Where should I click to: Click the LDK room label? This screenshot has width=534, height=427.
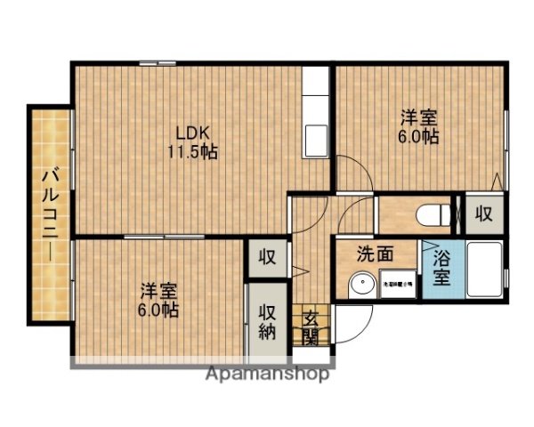click(x=191, y=133)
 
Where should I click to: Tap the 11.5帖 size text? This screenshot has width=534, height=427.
click(x=193, y=151)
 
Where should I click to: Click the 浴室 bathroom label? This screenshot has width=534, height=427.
click(x=441, y=269)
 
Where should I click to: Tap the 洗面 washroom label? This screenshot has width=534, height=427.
click(x=376, y=253)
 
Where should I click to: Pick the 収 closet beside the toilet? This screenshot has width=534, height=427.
click(x=483, y=213)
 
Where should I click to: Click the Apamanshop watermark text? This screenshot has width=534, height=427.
click(x=267, y=375)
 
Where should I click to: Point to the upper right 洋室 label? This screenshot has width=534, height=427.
click(x=417, y=117)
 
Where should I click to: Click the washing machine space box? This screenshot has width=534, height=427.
click(x=397, y=286)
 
